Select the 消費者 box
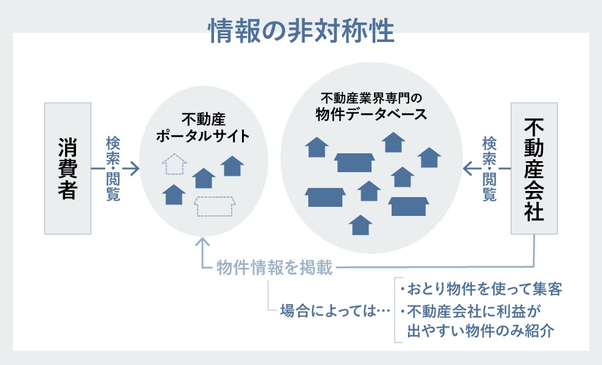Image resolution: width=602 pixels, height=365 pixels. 67,168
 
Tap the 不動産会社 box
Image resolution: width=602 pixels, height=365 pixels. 533,168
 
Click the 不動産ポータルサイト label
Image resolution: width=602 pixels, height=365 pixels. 202,127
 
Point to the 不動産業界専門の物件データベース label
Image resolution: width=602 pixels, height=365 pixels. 371,106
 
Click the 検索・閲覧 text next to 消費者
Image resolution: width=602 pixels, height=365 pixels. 113,169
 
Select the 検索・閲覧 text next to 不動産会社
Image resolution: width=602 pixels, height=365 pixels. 490,169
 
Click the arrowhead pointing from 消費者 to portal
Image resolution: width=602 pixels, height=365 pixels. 135,169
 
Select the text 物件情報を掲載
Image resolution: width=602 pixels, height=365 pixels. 275,268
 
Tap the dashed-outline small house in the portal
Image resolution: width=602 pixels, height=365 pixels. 175,164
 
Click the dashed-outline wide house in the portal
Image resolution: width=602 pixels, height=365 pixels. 214,207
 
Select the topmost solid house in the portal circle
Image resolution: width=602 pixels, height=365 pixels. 232,166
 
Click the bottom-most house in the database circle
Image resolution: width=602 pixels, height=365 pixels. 361,225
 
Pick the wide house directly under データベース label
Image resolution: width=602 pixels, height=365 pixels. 355,162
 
